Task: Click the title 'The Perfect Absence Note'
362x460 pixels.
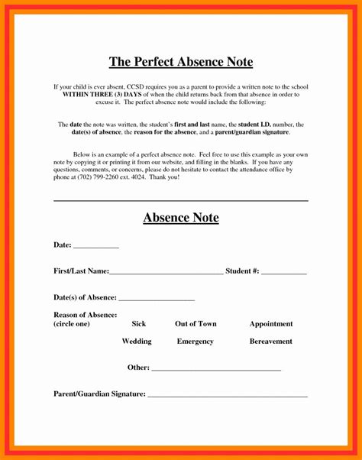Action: point(181,61)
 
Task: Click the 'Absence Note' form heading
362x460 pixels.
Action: point(181,218)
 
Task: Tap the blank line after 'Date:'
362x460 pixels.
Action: point(96,247)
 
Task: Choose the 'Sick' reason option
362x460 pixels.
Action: point(138,323)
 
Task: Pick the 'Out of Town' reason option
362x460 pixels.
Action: point(196,323)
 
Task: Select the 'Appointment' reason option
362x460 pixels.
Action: point(270,323)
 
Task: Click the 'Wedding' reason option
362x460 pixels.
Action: point(137,341)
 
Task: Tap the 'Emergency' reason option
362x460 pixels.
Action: point(195,341)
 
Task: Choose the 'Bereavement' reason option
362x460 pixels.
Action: point(270,341)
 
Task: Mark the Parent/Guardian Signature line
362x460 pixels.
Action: point(227,395)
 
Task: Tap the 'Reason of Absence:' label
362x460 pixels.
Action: point(85,315)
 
